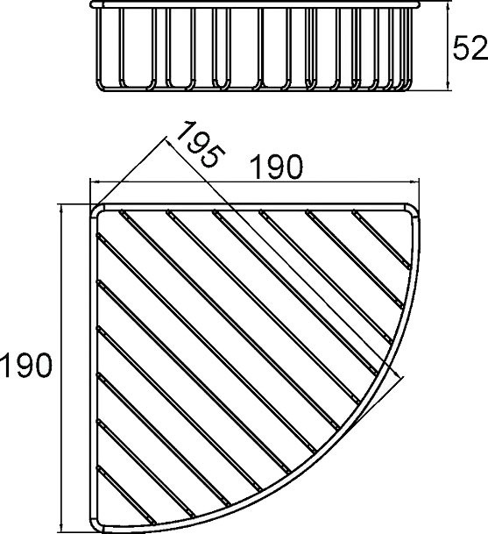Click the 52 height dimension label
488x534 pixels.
(x=470, y=48)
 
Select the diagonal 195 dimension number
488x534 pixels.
(x=201, y=144)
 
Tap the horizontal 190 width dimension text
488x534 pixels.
(x=276, y=167)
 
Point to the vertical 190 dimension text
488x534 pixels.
(x=26, y=366)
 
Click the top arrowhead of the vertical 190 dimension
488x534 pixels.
(x=61, y=210)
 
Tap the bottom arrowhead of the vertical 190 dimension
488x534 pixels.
(x=61, y=529)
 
